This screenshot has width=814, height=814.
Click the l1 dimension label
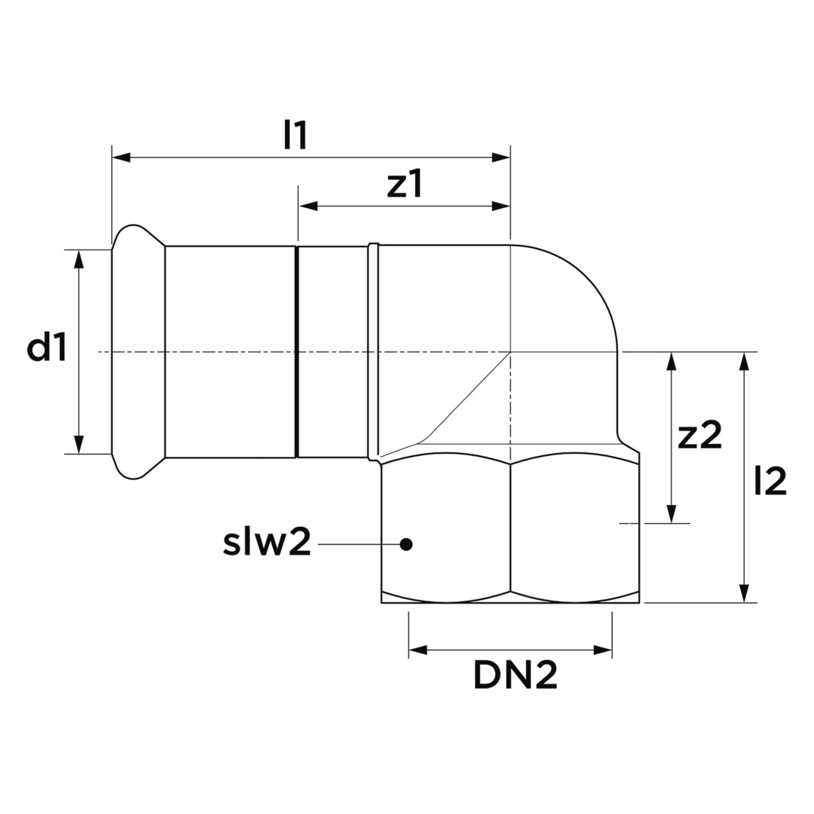point(295,136)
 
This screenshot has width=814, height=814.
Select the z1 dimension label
point(405,185)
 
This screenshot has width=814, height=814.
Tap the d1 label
point(47,347)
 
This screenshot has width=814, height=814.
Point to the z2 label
point(699,435)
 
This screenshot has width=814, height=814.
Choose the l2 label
point(770,481)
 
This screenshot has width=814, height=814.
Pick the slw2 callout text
point(267,542)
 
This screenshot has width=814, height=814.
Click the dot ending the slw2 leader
point(406,544)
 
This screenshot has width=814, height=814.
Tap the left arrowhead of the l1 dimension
point(121,158)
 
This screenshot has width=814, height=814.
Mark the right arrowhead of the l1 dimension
point(501,158)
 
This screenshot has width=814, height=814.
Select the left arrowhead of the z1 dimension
point(308,207)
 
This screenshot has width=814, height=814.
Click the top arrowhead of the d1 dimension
point(79,259)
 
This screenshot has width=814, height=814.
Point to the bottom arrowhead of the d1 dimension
point(79,445)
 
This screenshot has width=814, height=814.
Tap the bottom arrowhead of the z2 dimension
point(672,513)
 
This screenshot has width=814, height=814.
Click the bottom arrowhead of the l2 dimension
point(745,593)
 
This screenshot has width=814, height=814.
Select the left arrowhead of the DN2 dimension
point(418,650)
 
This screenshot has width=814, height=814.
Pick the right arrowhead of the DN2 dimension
point(603,650)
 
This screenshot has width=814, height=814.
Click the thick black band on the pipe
point(297,351)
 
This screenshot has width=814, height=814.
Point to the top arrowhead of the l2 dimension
point(745,362)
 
